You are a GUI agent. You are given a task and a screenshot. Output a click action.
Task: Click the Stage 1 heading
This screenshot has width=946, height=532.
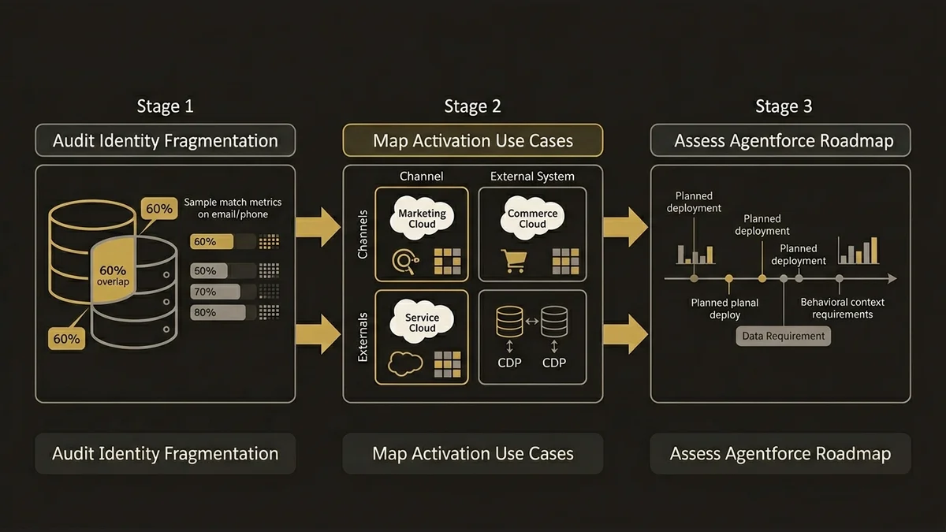tap(165, 106)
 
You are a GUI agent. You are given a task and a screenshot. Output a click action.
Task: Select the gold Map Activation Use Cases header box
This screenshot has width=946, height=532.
tap(473, 141)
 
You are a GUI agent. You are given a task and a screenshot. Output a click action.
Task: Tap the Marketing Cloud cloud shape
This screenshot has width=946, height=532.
tap(422, 218)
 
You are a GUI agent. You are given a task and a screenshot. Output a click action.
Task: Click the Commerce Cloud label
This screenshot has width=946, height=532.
tap(532, 218)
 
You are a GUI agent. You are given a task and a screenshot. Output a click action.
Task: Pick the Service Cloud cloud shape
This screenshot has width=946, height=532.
tap(422, 322)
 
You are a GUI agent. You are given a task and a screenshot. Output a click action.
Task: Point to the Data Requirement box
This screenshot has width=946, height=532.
tap(784, 336)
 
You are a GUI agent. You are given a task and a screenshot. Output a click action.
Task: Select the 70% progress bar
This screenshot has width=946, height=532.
tap(215, 292)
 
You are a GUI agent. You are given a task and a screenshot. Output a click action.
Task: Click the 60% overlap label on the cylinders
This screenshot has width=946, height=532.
tap(113, 276)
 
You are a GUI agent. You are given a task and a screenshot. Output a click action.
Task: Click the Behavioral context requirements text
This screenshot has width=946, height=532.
tap(842, 308)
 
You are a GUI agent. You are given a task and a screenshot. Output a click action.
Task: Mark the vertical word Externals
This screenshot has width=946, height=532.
tap(363, 337)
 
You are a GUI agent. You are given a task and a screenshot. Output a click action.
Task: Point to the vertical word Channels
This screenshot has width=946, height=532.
tap(363, 234)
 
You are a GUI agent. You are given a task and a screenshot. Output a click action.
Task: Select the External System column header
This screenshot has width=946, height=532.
tap(532, 177)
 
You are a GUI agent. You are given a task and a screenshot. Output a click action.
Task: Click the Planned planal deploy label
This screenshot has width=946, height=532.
tap(725, 308)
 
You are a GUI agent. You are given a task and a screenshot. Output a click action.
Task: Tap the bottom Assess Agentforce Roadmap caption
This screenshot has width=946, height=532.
tap(780, 454)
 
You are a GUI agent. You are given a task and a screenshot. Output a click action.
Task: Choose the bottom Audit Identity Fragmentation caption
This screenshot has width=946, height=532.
tap(166, 454)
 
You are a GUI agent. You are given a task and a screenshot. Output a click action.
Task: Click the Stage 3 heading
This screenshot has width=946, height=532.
tap(784, 106)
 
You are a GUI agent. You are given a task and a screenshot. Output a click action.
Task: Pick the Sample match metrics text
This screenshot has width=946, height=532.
tap(233, 208)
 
